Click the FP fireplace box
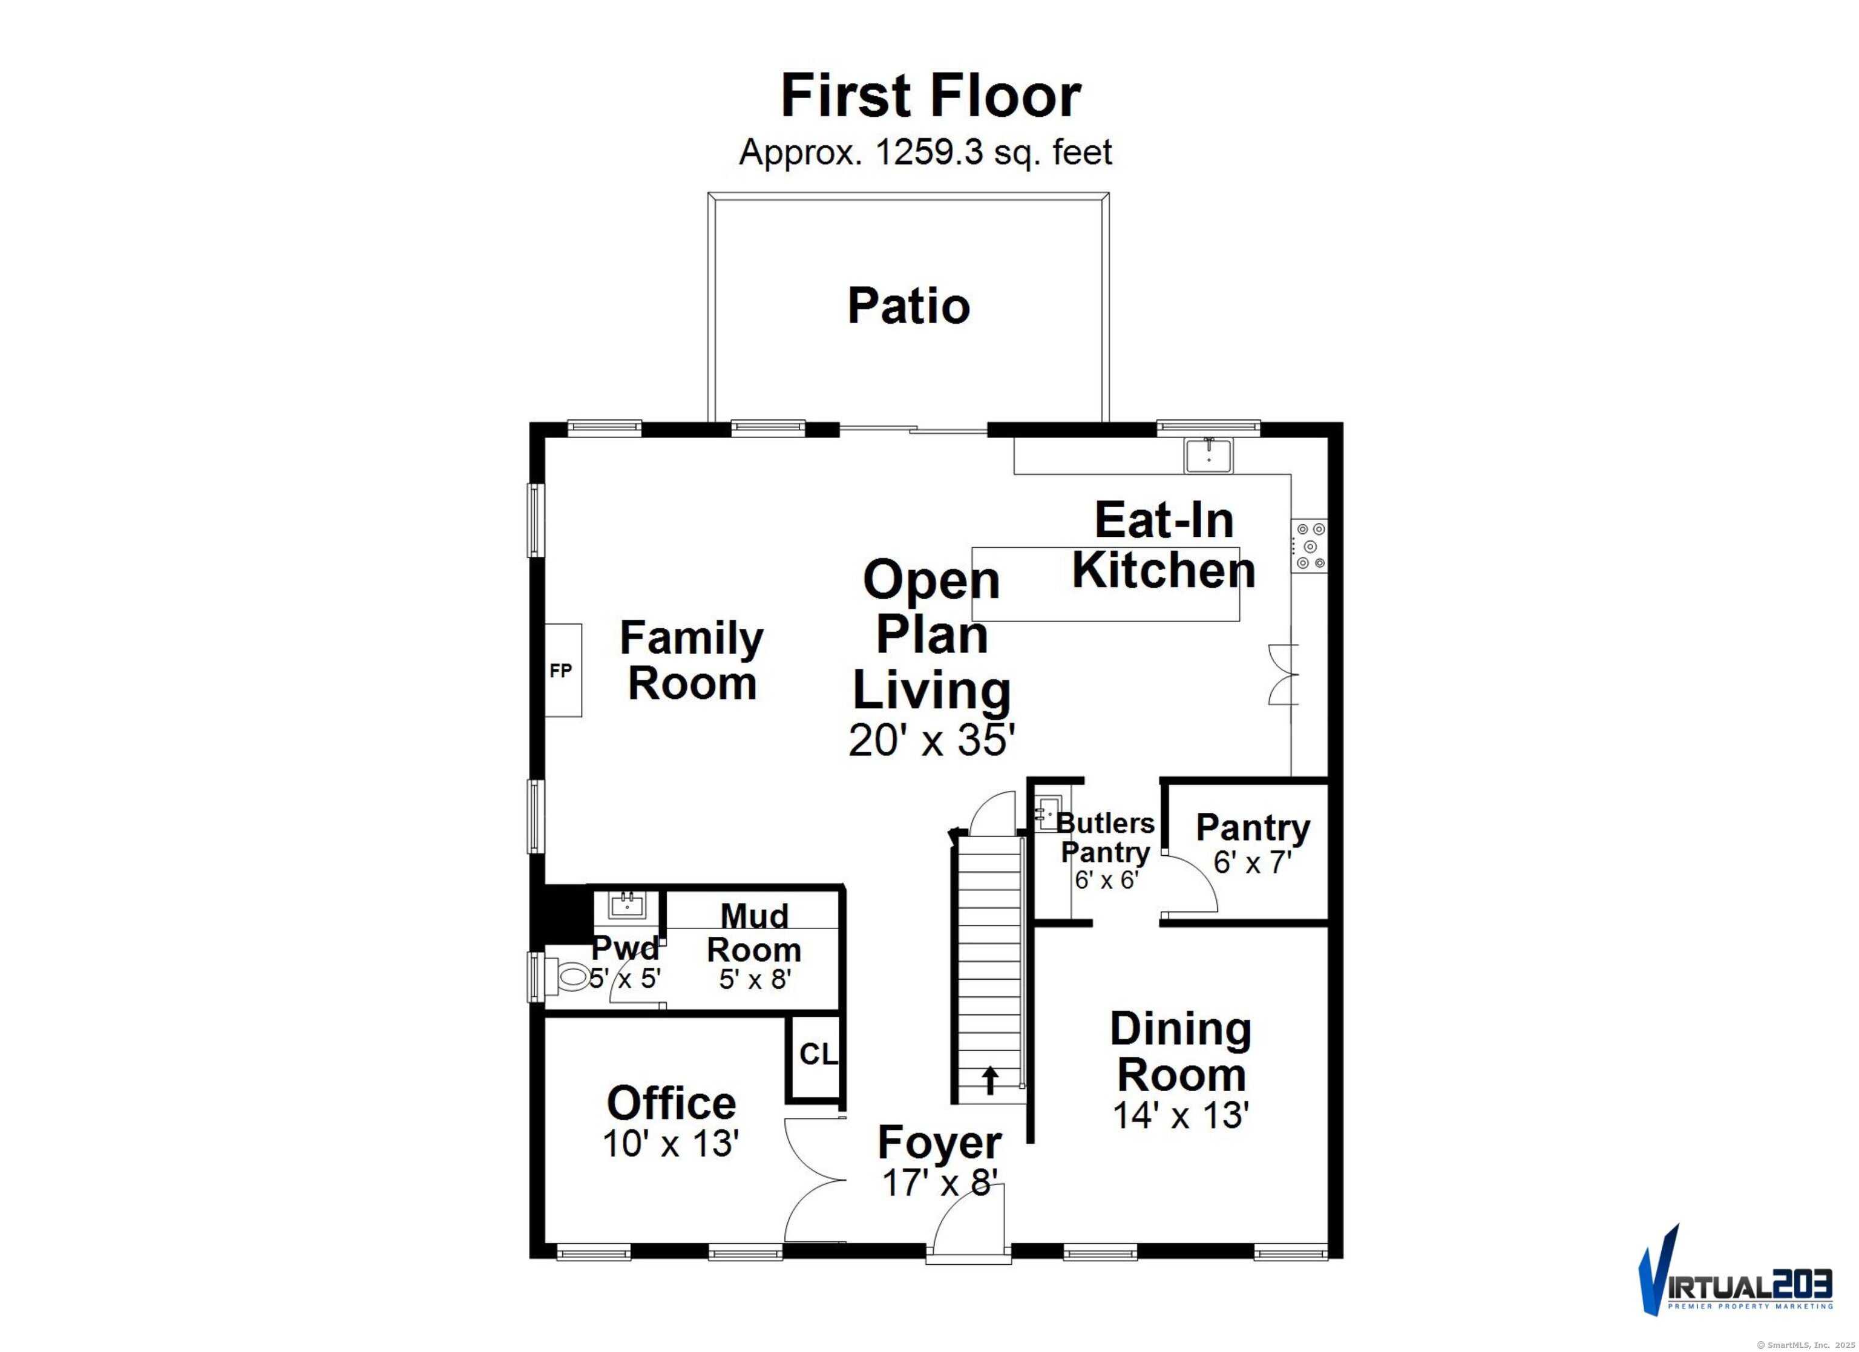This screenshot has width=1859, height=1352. click(562, 671)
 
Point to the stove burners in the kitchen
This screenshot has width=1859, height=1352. click(1309, 546)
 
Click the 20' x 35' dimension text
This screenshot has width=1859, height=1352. click(932, 740)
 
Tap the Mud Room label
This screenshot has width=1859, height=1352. click(753, 932)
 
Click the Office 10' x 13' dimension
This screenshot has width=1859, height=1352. click(670, 1144)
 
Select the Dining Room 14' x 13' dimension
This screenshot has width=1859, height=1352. click(1179, 1115)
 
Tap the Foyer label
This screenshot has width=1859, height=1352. click(939, 1142)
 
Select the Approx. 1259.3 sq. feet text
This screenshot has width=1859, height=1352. click(925, 153)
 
